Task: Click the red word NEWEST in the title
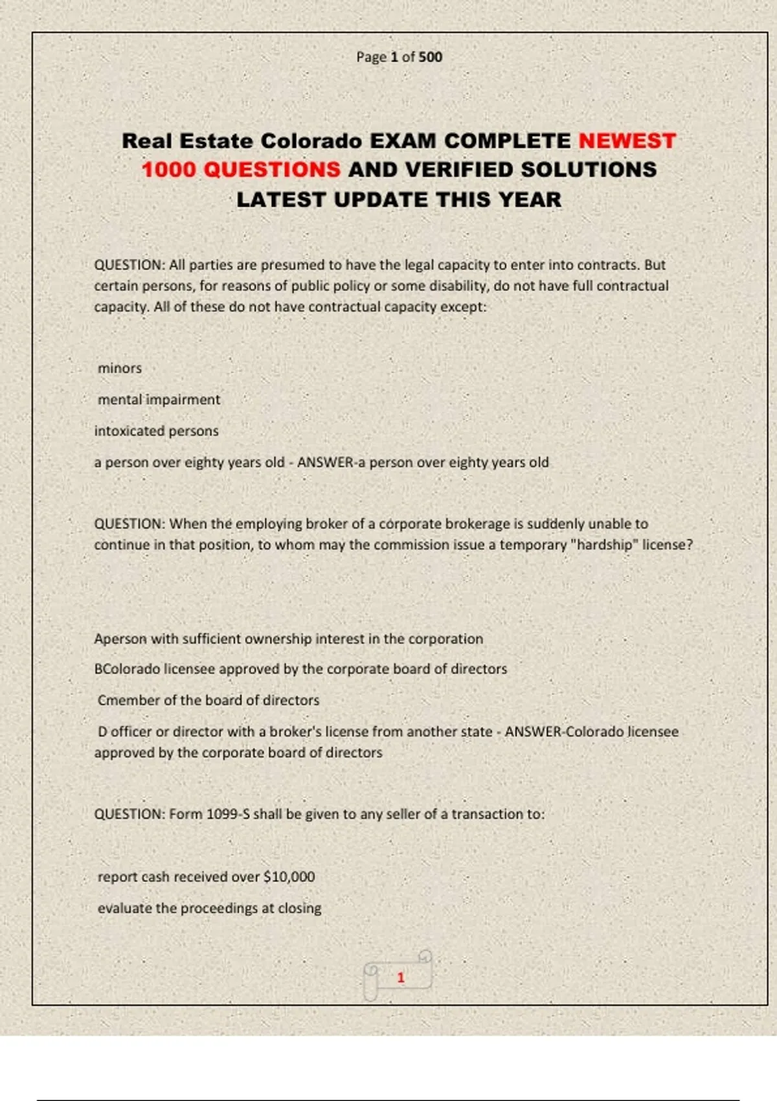627,141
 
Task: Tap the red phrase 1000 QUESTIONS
241,170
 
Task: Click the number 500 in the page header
430,57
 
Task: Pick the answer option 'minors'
120,368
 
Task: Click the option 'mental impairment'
159,400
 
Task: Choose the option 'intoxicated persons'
156,431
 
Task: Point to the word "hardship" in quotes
603,545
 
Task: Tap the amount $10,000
289,877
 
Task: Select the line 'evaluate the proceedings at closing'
209,908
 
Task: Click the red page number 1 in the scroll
401,977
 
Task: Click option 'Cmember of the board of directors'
208,700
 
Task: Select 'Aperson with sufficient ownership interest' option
288,639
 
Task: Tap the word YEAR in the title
530,199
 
